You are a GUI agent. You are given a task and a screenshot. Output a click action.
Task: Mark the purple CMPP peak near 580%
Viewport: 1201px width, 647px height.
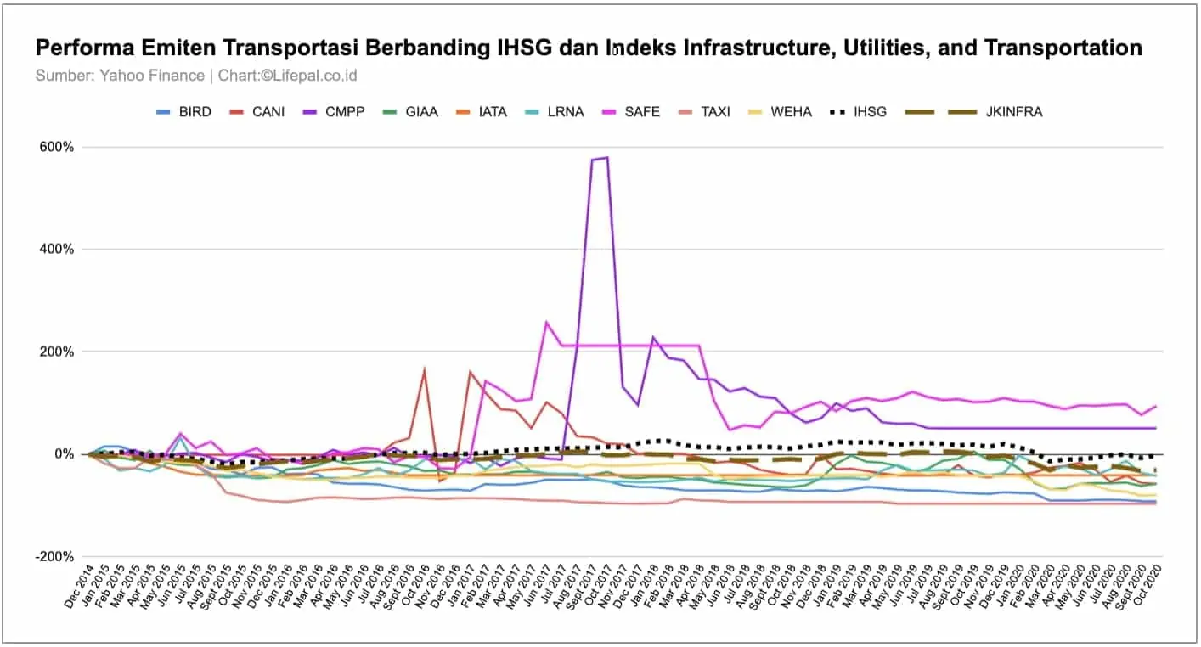[x=606, y=158]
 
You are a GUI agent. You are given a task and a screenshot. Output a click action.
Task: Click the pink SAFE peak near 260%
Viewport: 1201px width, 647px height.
[x=546, y=322]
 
